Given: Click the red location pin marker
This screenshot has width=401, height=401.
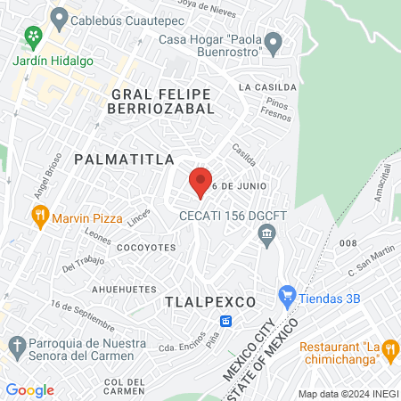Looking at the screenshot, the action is (x=200, y=182).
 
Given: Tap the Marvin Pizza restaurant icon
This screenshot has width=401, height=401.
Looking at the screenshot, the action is (x=39, y=216).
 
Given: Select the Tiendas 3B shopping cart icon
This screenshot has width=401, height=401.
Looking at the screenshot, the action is (x=286, y=294).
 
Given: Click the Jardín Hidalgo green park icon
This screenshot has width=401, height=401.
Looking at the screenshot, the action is (x=34, y=37).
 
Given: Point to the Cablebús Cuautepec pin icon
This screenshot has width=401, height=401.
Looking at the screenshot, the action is (x=59, y=16).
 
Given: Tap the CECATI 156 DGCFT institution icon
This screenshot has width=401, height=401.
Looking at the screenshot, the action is (x=266, y=234).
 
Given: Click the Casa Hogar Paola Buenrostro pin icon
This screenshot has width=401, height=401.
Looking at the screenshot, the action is (x=274, y=41).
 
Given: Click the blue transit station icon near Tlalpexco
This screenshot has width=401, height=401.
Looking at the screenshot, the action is (x=226, y=321).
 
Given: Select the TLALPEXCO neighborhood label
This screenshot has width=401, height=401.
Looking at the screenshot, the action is (x=210, y=302).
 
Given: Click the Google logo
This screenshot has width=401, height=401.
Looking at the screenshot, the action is (x=29, y=390).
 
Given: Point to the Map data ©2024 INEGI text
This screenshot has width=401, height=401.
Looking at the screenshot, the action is (x=348, y=394).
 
